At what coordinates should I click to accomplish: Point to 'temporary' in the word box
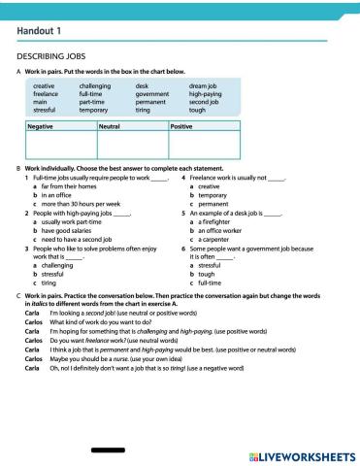tap(95, 110)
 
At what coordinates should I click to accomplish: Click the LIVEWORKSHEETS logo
tap(297, 454)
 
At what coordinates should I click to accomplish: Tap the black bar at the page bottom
tap(107, 450)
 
